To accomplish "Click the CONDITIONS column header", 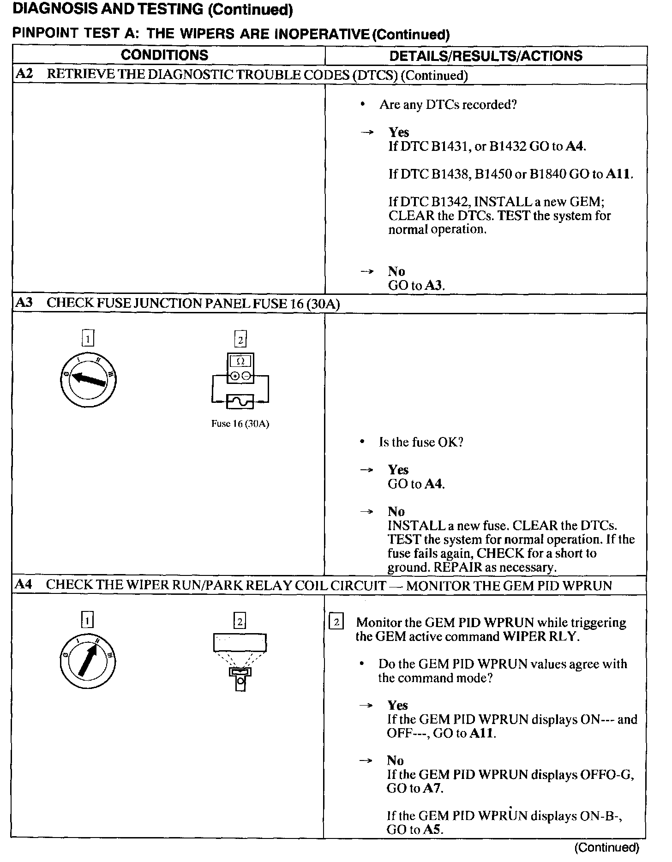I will coord(164,55).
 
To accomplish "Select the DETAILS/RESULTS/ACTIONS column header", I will coord(486,56).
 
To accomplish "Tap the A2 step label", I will coord(24,74).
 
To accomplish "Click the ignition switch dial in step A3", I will coord(88,379).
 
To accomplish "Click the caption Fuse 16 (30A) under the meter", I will coord(240,424).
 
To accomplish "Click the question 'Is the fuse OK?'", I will coord(421,442).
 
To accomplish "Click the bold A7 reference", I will coord(433,788).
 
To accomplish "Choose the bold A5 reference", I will coord(433,830).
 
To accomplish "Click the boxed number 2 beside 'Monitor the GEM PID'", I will coord(336,623).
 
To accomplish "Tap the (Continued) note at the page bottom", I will coord(606,847).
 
